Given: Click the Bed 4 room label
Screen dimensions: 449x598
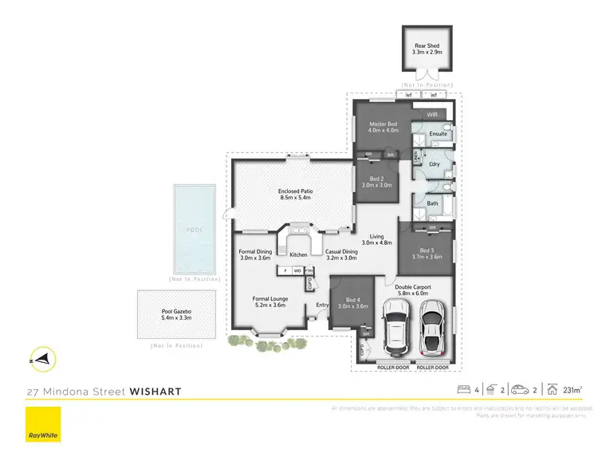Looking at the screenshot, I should [351, 301].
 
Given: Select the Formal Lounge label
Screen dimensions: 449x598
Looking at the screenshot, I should [269, 301].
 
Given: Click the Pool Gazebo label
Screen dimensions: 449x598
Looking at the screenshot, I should [177, 314].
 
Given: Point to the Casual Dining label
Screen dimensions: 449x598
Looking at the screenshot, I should [341, 255].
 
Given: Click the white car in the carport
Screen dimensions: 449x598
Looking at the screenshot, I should [395, 331].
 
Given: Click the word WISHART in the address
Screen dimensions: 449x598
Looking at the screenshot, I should [148, 392].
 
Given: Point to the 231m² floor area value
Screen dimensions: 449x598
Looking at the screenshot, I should [572, 390].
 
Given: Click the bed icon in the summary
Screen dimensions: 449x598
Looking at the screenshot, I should [463, 390].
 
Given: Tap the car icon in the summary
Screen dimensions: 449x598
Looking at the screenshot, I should [521, 390].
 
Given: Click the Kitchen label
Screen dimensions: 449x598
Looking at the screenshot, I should [298, 255].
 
